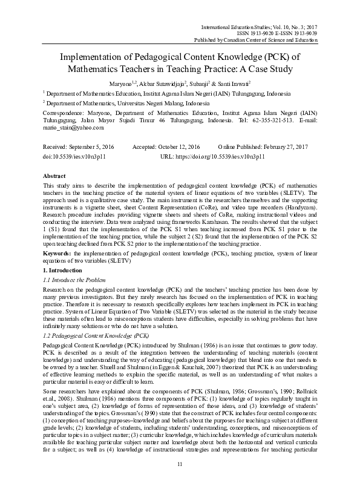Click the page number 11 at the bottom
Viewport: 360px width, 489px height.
(x=180, y=463)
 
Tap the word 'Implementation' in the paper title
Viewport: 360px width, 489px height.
(x=99, y=57)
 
